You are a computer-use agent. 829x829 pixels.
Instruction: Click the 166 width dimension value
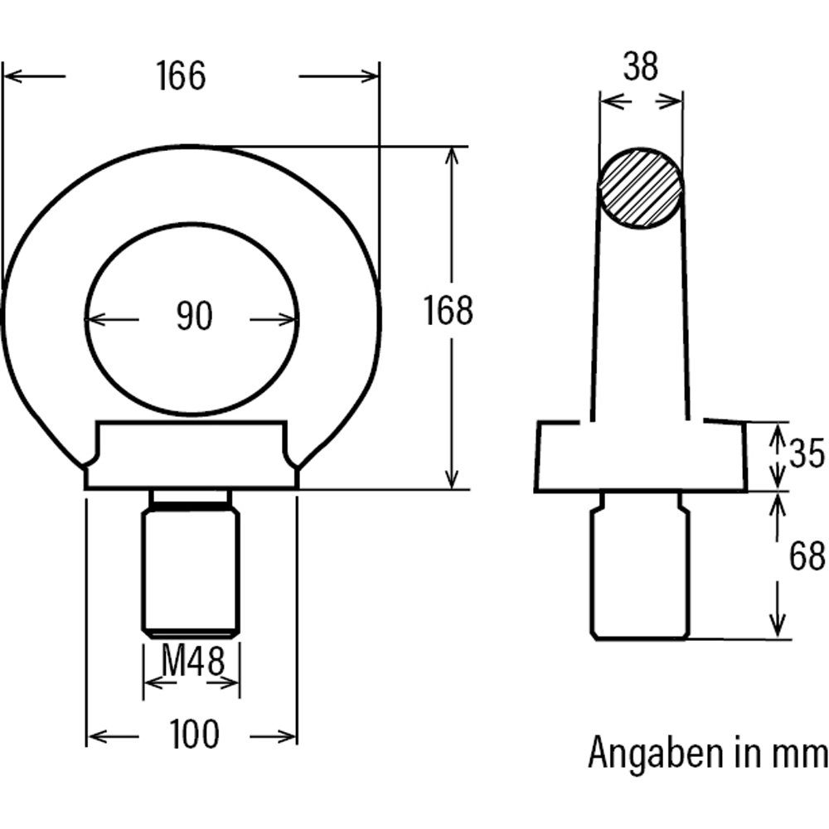[180, 76]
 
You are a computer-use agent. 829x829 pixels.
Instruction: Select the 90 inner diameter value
[194, 317]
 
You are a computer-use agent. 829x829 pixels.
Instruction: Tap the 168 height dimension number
[448, 311]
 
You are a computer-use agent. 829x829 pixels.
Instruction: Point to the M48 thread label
[192, 661]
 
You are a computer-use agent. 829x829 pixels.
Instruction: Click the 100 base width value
[194, 734]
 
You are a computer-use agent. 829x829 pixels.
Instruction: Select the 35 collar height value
[806, 454]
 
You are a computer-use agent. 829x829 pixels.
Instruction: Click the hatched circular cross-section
[641, 188]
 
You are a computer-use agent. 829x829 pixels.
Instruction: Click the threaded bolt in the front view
[191, 568]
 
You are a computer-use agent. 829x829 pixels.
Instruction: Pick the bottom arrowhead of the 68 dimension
[778, 631]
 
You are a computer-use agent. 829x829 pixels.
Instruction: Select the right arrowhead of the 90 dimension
[291, 318]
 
